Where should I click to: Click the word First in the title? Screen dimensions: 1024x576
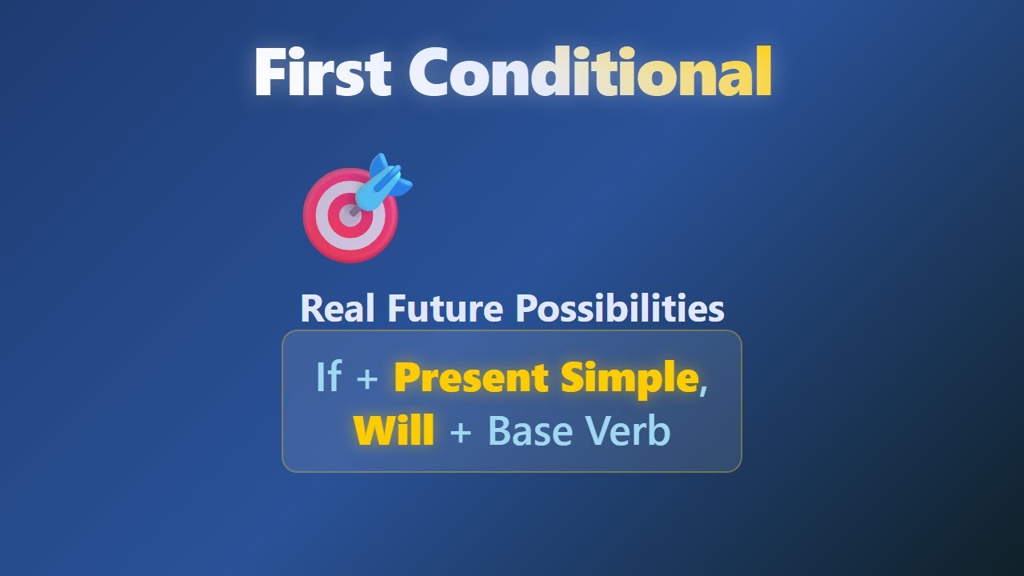pos(322,71)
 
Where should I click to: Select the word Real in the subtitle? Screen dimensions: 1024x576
pos(338,308)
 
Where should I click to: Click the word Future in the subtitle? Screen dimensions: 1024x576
pos(446,308)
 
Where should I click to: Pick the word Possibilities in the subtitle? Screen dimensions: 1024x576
pos(620,308)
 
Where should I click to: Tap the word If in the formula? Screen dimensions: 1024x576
pos(329,376)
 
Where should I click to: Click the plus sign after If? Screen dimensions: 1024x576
pos(367,379)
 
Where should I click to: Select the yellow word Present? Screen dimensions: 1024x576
pos(471,378)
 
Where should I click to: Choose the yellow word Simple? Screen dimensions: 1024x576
pos(630,379)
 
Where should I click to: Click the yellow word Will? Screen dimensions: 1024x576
pos(394,430)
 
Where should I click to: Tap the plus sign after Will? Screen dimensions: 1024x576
pos(460,433)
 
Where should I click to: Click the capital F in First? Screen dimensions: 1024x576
pos(271,71)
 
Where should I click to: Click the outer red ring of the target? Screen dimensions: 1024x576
pos(312,215)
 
